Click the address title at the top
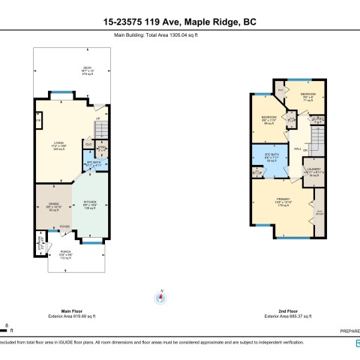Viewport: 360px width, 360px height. click(179, 22)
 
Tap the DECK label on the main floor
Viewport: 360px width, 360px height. click(86, 70)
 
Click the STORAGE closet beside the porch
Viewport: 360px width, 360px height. click(40, 244)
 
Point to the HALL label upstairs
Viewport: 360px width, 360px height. click(298, 148)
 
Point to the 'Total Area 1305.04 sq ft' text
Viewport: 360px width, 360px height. click(179, 34)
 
